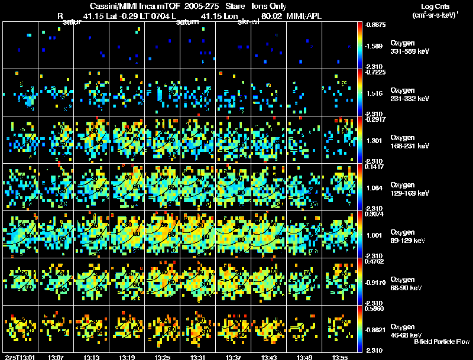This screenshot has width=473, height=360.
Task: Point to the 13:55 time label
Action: (340, 357)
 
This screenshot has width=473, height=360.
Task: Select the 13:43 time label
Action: (269, 357)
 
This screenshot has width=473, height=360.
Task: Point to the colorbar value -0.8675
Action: (376, 25)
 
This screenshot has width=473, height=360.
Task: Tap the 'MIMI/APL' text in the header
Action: (307, 15)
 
